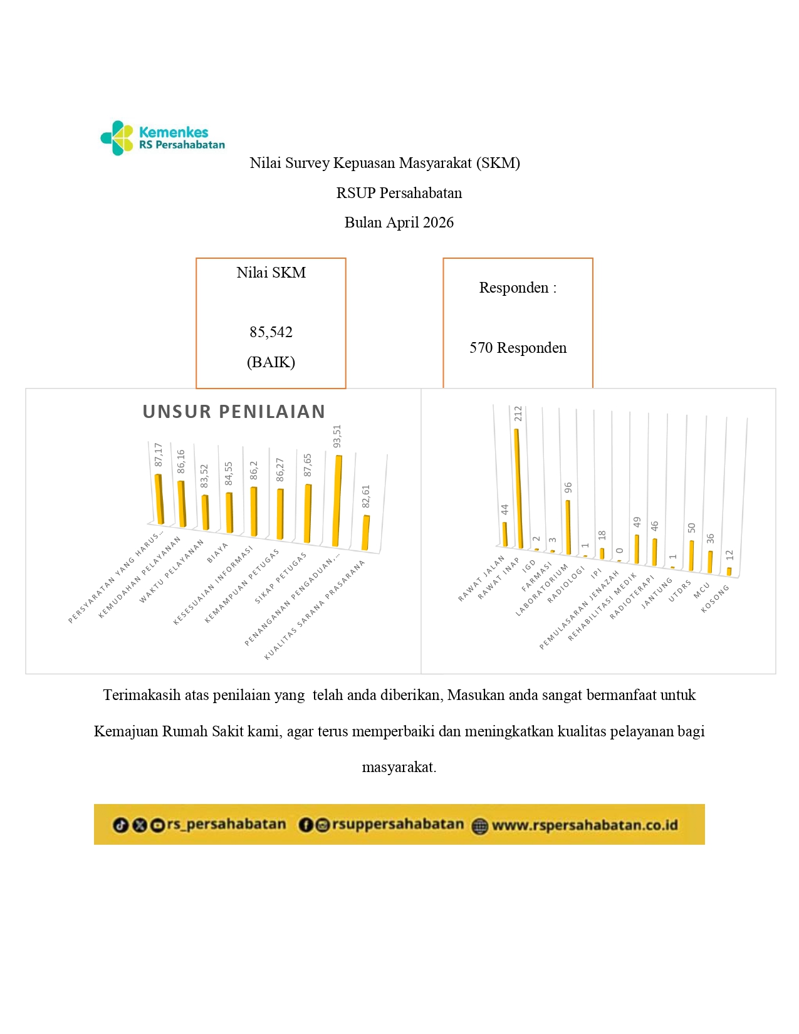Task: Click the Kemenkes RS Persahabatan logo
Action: click(162, 138)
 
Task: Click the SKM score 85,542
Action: click(271, 332)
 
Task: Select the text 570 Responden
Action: click(518, 348)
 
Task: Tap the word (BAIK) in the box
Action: click(271, 362)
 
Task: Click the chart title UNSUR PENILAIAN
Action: click(234, 412)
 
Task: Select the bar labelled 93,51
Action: click(337, 500)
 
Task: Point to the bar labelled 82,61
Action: click(365, 533)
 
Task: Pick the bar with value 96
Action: click(568, 526)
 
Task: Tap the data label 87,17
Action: click(159, 454)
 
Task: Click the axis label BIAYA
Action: click(217, 553)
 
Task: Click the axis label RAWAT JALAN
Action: click(481, 578)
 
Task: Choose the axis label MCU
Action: click(701, 590)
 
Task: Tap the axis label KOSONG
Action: click(715, 598)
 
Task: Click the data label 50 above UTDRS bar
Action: click(692, 528)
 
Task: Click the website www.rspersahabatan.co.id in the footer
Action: click(584, 825)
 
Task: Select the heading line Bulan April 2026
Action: click(399, 222)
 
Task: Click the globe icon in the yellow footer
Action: click(479, 826)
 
